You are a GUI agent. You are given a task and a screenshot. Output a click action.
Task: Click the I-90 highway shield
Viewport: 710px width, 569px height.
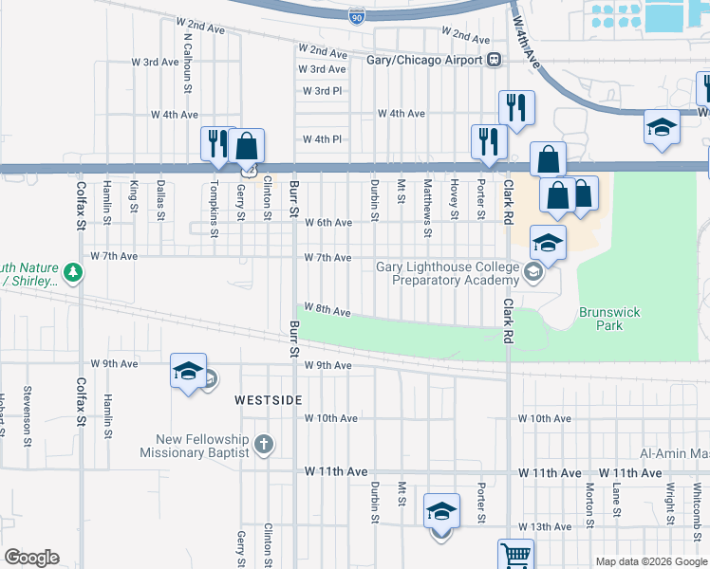pos(356,15)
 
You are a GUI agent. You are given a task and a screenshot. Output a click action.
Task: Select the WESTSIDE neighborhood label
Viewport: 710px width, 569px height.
pos(269,401)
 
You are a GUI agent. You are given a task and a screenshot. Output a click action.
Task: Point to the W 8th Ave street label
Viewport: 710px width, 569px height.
pos(328,312)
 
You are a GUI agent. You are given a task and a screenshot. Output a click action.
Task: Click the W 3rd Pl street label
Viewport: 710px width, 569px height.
pos(322,91)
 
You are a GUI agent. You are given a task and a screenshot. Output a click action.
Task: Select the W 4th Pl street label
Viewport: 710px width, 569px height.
pos(322,139)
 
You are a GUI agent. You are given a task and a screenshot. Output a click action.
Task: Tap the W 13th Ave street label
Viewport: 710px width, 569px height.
pos(544,526)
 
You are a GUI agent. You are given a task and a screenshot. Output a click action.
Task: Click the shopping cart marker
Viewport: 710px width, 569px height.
pos(515,555)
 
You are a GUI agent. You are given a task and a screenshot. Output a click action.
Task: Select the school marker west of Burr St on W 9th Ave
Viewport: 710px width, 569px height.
pos(188,372)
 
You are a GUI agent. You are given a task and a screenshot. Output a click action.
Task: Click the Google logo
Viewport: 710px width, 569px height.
pos(31,558)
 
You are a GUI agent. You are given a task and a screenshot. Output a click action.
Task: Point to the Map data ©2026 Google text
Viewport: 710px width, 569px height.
pos(649,561)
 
